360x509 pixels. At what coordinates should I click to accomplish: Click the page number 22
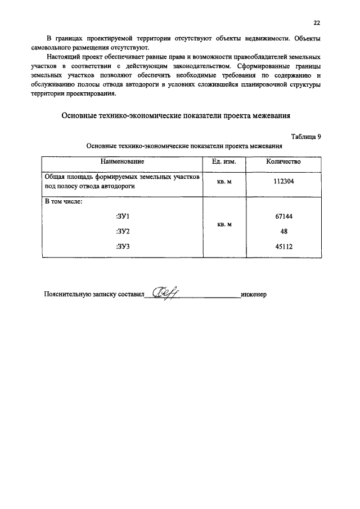point(317,23)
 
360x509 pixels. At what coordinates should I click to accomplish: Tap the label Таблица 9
point(307,137)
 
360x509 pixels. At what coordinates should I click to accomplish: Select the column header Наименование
point(123,161)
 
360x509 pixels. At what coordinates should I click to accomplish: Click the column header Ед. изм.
point(224,161)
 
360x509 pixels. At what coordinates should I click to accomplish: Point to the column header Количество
point(283,161)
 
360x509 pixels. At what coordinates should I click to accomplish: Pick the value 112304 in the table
point(283,182)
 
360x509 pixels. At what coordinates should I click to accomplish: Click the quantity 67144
point(283,216)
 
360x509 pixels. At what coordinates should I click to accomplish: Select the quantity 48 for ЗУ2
point(283,231)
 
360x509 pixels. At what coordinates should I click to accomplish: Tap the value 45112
point(283,246)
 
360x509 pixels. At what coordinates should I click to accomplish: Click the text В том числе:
point(64,201)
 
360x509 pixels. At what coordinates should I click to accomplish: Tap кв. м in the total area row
point(224,182)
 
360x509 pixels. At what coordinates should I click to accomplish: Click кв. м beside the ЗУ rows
point(224,224)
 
